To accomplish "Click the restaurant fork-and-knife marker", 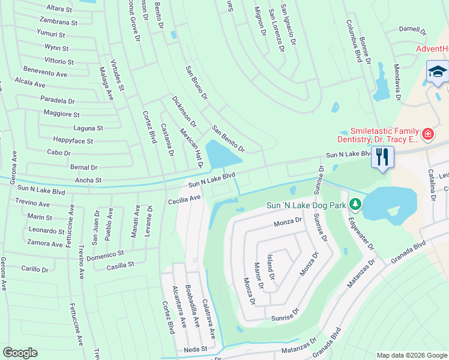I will click(x=382, y=158).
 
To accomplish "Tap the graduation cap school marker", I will click(x=438, y=71).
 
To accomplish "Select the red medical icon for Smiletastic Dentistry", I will click(x=427, y=134).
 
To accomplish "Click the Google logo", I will click(x=20, y=353).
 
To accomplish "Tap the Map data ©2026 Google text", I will click(x=411, y=355).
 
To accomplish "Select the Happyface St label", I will click(x=73, y=142).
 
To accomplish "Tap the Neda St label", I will click(x=196, y=349).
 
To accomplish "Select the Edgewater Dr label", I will click(x=361, y=233).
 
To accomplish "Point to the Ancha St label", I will click(x=88, y=179).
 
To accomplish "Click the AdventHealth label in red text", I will click(x=433, y=49).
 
